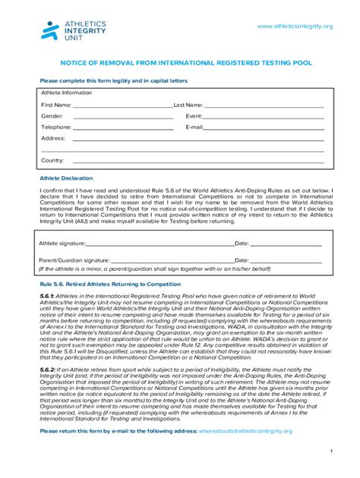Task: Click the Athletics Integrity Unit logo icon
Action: (x=49, y=30)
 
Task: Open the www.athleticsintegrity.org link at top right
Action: (x=295, y=27)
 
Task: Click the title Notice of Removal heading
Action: (x=179, y=66)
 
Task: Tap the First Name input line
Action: (x=122, y=106)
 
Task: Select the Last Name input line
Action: (x=264, y=106)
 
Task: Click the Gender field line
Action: (x=122, y=118)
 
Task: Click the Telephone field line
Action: (x=122, y=129)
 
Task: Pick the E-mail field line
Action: (x=265, y=129)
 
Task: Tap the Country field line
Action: (x=197, y=162)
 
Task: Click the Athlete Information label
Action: (x=66, y=93)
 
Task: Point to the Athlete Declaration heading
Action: (x=66, y=178)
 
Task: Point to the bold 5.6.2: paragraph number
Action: (x=48, y=368)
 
